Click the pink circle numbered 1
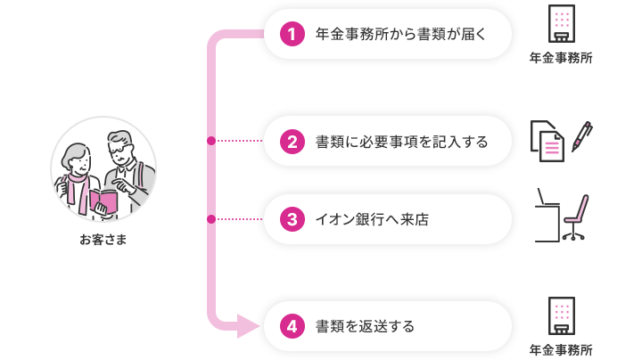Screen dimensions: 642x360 (x=292, y=34)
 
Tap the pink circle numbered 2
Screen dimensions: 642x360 (x=292, y=142)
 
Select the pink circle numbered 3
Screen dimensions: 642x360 (x=292, y=219)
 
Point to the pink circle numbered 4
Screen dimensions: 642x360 (x=292, y=326)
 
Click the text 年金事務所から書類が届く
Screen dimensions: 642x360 (x=400, y=34)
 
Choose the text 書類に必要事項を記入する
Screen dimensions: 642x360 (x=401, y=142)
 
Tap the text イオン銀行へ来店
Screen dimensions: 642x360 (x=372, y=220)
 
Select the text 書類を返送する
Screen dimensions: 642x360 (x=365, y=326)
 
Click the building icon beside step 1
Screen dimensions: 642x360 (x=562, y=23)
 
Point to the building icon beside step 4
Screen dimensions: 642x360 (x=562, y=315)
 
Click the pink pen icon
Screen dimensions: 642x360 (x=581, y=136)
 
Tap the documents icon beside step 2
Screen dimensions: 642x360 (x=547, y=141)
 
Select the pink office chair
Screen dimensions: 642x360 (x=575, y=217)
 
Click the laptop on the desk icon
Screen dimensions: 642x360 (x=547, y=197)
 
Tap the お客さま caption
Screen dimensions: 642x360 (x=103, y=240)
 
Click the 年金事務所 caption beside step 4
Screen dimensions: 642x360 (x=561, y=350)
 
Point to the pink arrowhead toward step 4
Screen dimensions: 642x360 (x=248, y=326)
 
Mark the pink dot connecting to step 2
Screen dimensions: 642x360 (x=211, y=141)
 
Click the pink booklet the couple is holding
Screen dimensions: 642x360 (x=103, y=201)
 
